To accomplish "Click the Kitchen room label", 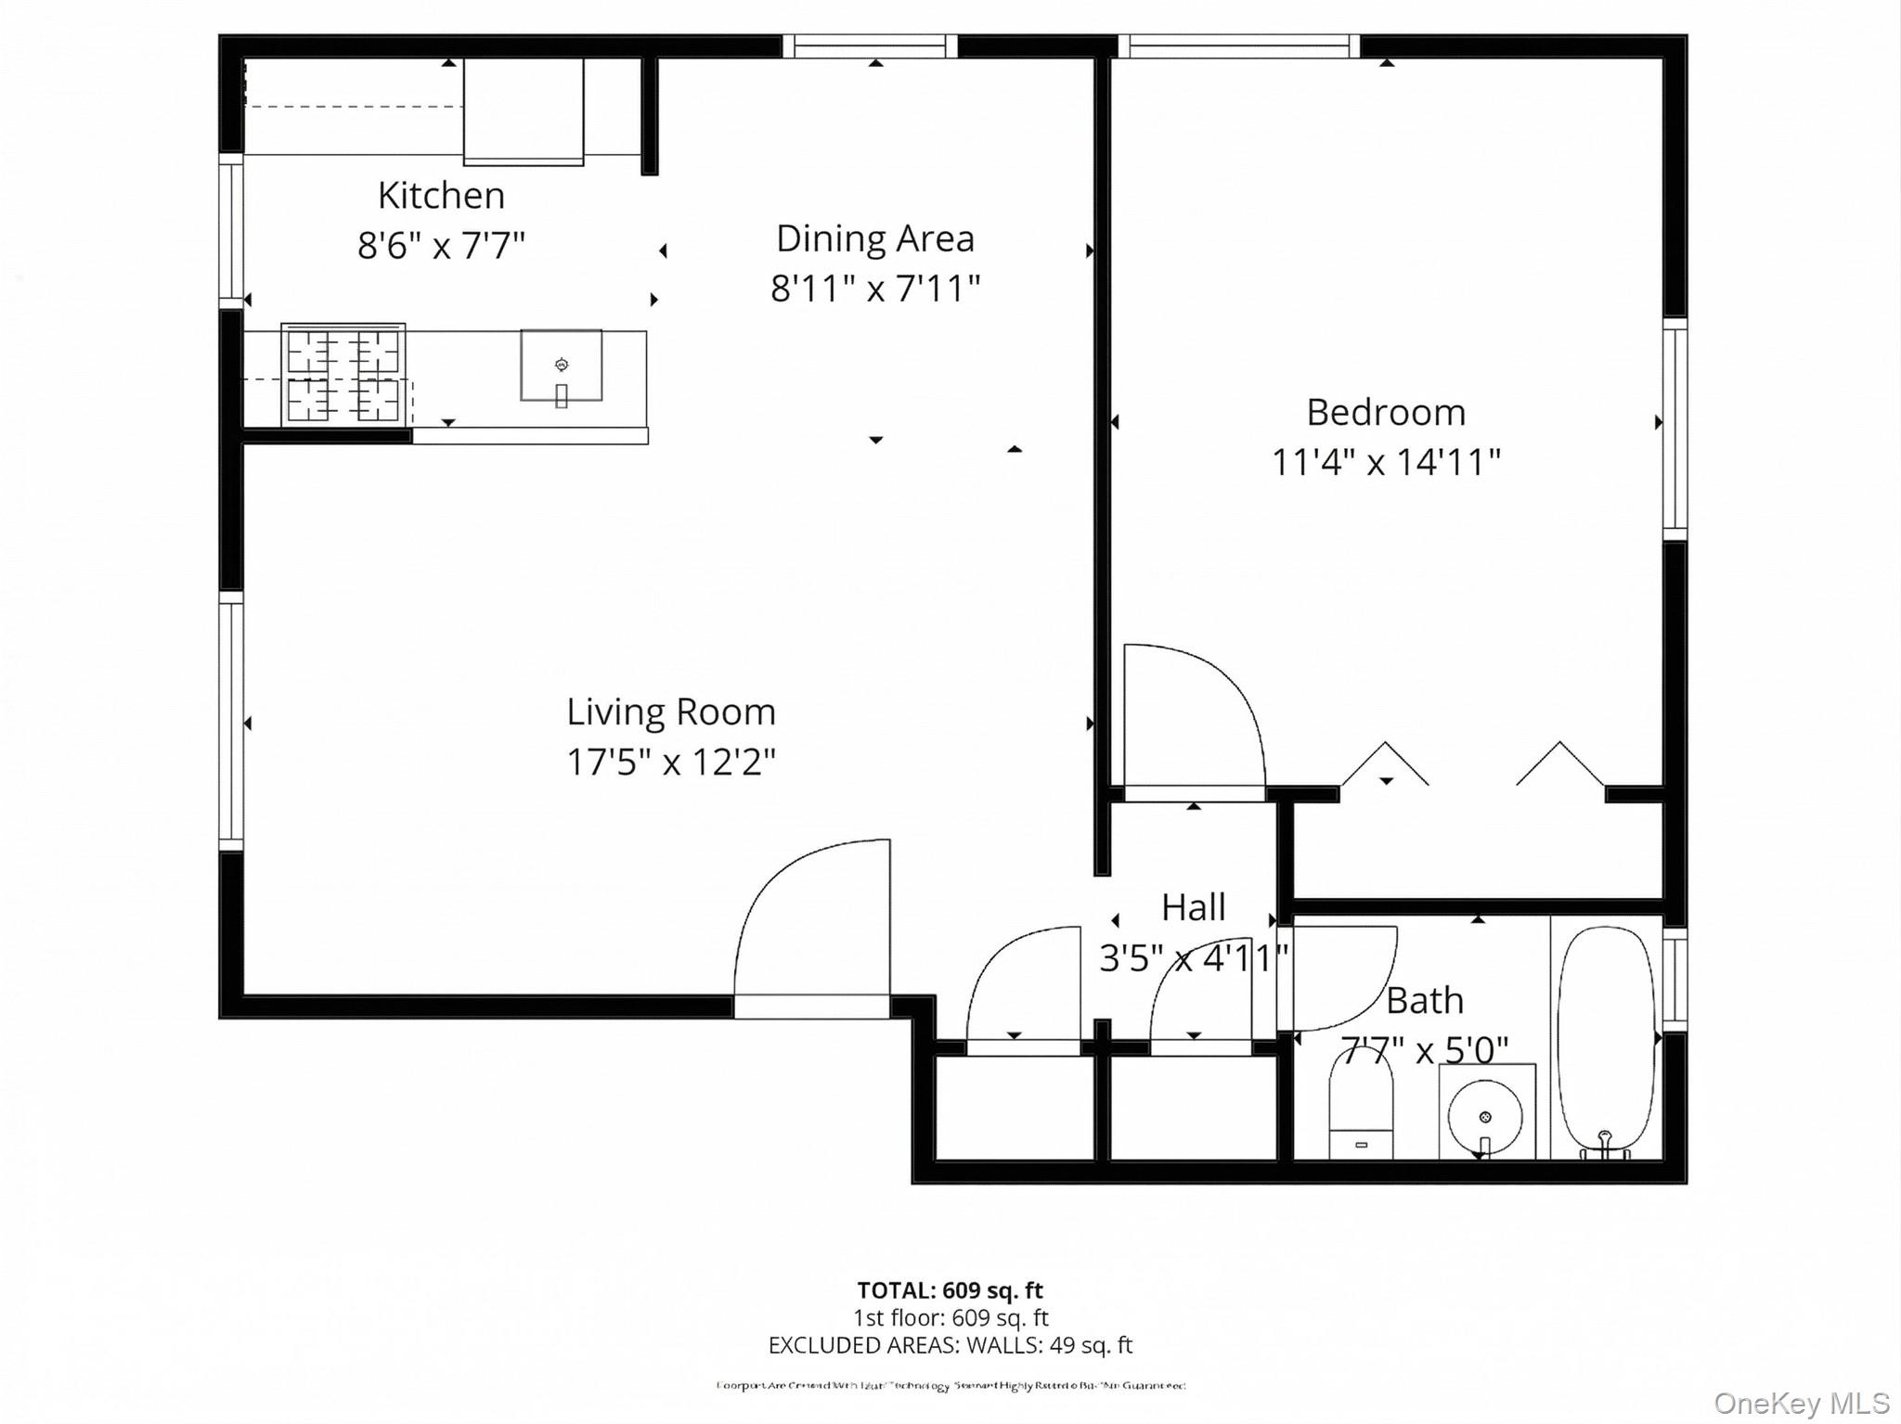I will tap(441, 196).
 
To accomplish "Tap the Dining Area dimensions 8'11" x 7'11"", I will tap(874, 289).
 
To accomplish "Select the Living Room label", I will tap(670, 712).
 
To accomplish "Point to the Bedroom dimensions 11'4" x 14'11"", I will tap(1385, 462).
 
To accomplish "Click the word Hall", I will tap(1193, 907).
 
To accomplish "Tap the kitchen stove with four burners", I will tap(343, 376).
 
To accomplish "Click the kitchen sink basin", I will tap(561, 365).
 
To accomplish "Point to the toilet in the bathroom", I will tap(1361, 1109).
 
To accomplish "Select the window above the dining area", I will tap(870, 45).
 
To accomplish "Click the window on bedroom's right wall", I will tap(1675, 429).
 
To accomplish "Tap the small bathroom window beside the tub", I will tap(1675, 980).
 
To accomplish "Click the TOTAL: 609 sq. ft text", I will tap(950, 1290).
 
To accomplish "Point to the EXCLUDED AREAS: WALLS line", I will tap(950, 1345).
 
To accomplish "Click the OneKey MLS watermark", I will tap(1801, 1404).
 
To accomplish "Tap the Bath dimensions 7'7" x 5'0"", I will tap(1425, 1051).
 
